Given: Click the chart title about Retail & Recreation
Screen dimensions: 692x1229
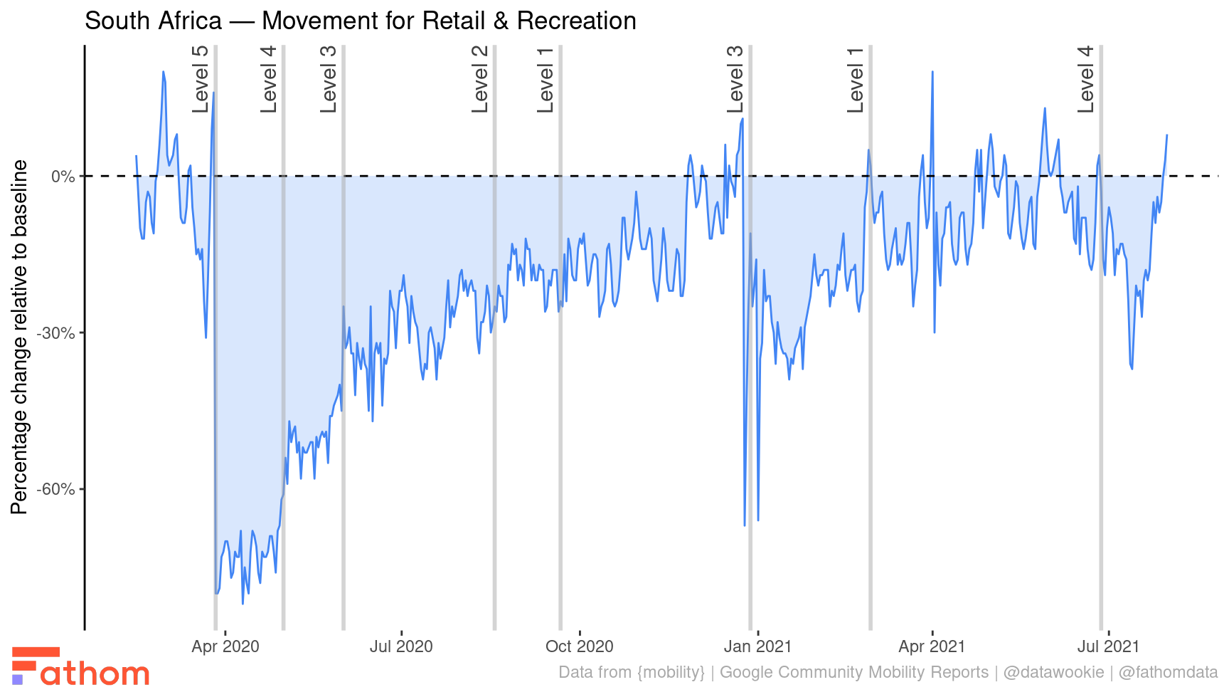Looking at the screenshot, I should (360, 21).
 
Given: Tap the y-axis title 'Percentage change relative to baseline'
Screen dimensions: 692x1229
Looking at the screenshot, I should (19, 336).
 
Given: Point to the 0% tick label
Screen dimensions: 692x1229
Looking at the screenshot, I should (63, 177).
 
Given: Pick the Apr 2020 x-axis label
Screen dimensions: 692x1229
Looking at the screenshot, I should (225, 647).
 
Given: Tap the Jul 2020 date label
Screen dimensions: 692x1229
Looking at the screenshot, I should (401, 647).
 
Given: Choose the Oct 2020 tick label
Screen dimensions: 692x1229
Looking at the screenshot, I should (579, 647).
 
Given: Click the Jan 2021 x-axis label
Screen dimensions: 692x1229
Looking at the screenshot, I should (757, 647).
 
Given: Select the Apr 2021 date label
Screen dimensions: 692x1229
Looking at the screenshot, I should (932, 647).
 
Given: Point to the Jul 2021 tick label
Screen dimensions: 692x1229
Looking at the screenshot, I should (1107, 647).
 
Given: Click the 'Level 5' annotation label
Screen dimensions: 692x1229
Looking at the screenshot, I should (201, 79).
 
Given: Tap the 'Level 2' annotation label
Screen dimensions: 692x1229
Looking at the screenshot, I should (481, 79).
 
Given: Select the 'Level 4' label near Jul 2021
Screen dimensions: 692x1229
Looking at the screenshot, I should (1086, 79).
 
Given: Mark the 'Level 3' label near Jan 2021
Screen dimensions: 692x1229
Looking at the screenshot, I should (735, 79).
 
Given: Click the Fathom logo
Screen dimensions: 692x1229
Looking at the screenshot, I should (80, 667).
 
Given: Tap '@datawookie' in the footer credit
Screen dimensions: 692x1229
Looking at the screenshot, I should (1053, 673).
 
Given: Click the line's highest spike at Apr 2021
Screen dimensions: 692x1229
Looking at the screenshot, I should (932, 72).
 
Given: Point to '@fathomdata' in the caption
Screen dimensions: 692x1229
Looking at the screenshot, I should (1168, 673).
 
